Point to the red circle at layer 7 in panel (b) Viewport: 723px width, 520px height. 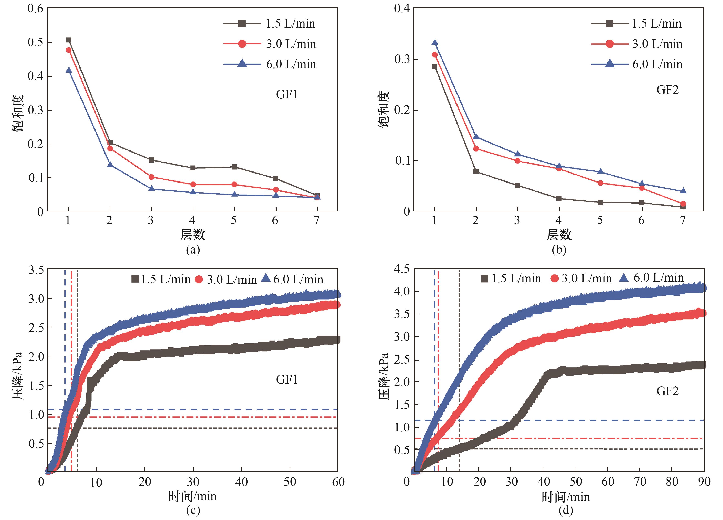pyautogui.click(x=683, y=204)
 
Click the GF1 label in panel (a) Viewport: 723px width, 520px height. pyautogui.click(x=287, y=95)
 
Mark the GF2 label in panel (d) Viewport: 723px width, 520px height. pyautogui.click(x=667, y=391)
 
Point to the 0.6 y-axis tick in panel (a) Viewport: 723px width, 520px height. pyautogui.click(x=35, y=9)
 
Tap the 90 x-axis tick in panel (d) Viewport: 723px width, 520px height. pyautogui.click(x=704, y=481)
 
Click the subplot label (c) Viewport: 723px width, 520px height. pyautogui.click(x=193, y=510)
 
